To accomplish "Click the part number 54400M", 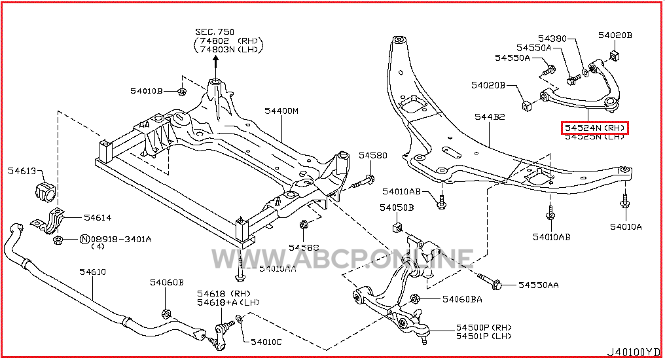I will [x=281, y=111].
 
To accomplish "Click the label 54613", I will [x=22, y=171].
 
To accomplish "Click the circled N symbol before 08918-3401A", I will [x=84, y=240].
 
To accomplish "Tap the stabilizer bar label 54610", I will [x=92, y=272].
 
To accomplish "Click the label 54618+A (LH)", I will [x=224, y=302].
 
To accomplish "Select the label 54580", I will [x=373, y=156].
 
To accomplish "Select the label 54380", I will [x=552, y=38].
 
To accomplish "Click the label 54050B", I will [x=396, y=207].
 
